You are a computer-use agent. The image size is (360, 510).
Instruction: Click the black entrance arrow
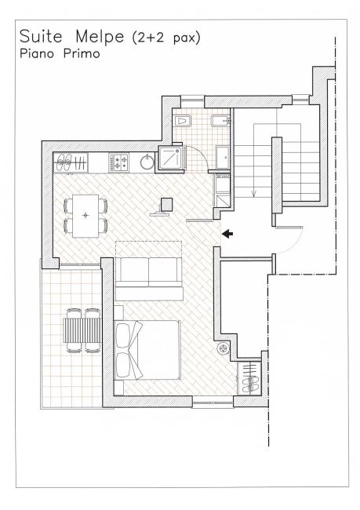pyautogui.click(x=227, y=233)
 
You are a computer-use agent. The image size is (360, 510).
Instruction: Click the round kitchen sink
pyautogui.click(x=147, y=162)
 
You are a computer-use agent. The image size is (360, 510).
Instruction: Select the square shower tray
pyautogui.click(x=170, y=158)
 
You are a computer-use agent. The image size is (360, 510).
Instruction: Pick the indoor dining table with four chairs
pyautogui.click(x=85, y=213)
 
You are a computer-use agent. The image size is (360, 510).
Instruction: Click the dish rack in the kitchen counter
pyautogui.click(x=66, y=162)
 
